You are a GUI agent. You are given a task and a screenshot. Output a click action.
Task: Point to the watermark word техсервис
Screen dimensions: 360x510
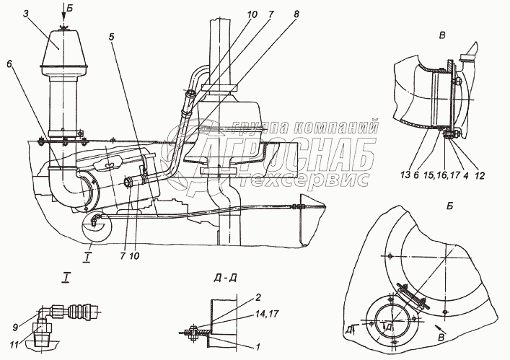pos(324,175)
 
